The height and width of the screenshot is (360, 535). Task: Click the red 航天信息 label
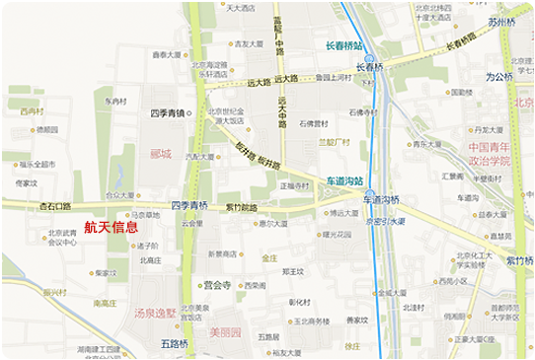pyautogui.click(x=111, y=227)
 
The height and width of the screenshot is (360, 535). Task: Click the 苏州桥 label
pyautogui.click(x=501, y=21)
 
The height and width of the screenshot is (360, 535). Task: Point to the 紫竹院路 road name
pyautogui.click(x=241, y=208)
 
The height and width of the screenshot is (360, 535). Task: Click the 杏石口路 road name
pyautogui.click(x=55, y=207)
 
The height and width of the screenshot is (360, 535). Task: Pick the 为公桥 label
pyautogui.click(x=499, y=76)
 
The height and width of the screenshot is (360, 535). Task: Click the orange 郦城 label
pyautogui.click(x=161, y=154)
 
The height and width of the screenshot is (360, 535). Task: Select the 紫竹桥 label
pyautogui.click(x=519, y=260)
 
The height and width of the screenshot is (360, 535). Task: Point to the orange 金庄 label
pyautogui.click(x=269, y=257)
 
